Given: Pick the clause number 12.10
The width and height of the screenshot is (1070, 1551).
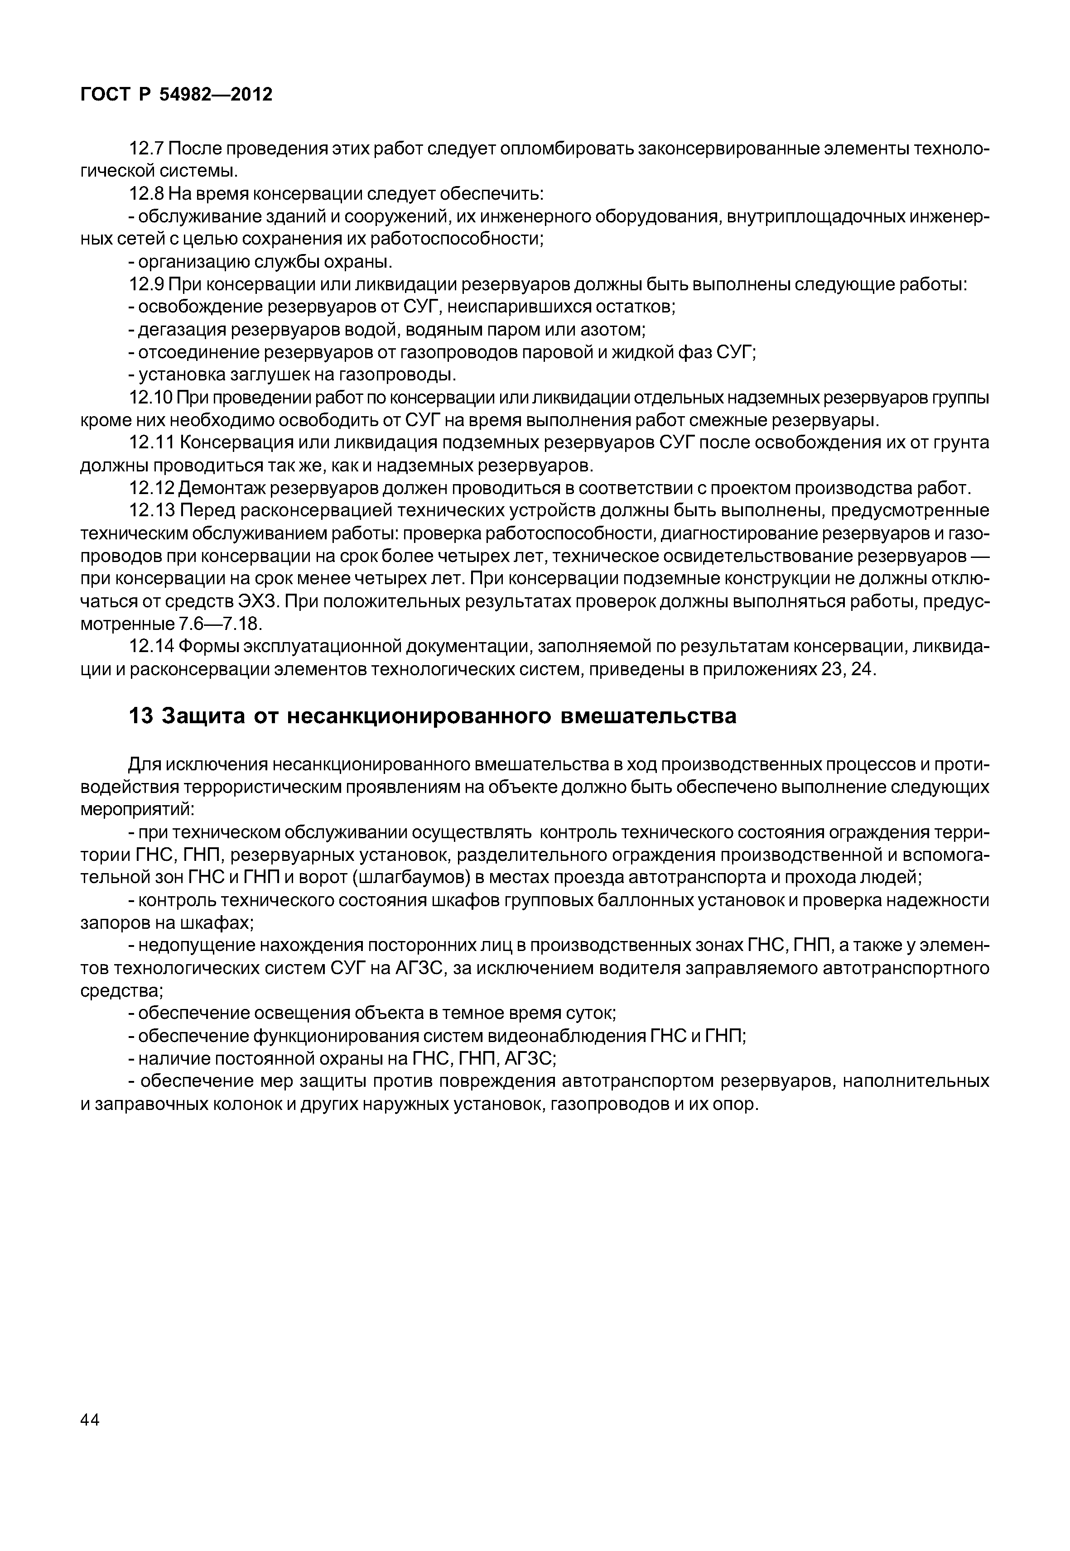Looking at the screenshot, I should pos(151,398).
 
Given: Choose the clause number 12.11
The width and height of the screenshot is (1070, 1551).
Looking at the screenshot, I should pos(151,443).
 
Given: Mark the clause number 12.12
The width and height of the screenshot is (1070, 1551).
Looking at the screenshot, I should pos(151,488).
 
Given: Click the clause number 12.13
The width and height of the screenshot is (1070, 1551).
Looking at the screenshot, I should pos(151,511).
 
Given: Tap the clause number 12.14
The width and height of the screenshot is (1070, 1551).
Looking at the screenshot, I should pos(151,646).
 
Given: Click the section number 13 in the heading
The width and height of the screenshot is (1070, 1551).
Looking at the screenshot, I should pos(141,716).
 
